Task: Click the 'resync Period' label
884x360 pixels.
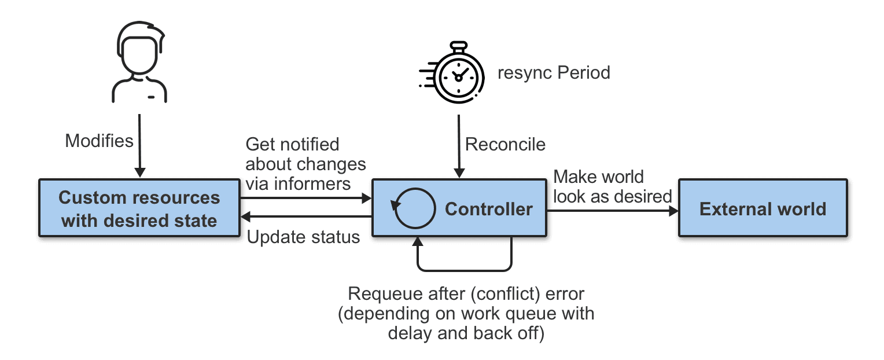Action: pos(554,74)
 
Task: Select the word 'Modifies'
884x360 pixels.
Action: pos(99,141)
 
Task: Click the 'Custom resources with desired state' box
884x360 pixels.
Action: pos(139,208)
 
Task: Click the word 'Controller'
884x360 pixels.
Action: pos(488,209)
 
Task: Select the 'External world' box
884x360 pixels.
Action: pos(763,208)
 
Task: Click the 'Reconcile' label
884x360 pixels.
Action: pos(505,144)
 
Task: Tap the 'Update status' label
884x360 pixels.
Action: pos(303,237)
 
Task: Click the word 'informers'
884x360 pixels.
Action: pos(317,184)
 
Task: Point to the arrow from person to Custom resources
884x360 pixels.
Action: pos(139,145)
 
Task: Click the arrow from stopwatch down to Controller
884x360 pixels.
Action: pos(459,145)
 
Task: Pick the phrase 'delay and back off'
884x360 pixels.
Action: pos(466,333)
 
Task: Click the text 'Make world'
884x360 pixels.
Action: pos(598,176)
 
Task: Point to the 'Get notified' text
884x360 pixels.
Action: pos(292,145)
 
